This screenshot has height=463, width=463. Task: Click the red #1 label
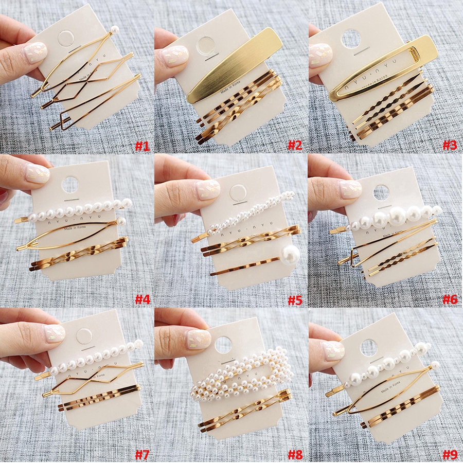[142, 146]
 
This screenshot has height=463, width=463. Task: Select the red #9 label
[450, 454]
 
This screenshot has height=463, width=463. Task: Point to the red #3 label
[450, 146]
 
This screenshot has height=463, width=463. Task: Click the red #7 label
[142, 454]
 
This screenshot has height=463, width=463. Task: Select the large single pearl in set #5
[291, 255]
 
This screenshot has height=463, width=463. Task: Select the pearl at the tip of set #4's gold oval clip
[122, 222]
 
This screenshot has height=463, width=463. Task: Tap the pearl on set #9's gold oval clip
[435, 366]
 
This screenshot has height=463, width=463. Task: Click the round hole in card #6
[381, 192]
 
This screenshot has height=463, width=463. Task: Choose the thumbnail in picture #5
[208, 189]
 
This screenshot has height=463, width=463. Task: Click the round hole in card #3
[351, 39]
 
